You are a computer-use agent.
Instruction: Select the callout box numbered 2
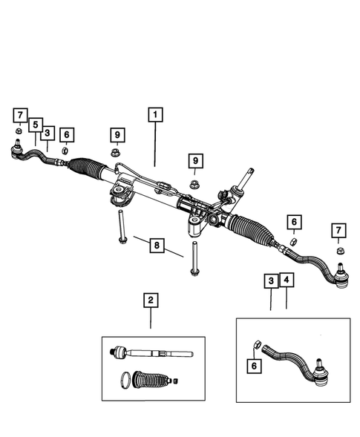[x=151, y=300]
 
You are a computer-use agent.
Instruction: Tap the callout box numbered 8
[x=156, y=245]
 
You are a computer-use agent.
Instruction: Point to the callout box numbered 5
[x=34, y=125]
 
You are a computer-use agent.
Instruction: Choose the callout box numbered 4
[x=286, y=281]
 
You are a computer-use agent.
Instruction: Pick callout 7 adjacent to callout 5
[x=20, y=115]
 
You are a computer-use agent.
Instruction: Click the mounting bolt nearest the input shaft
[x=194, y=259]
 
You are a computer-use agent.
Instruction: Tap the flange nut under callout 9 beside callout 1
[x=117, y=154]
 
